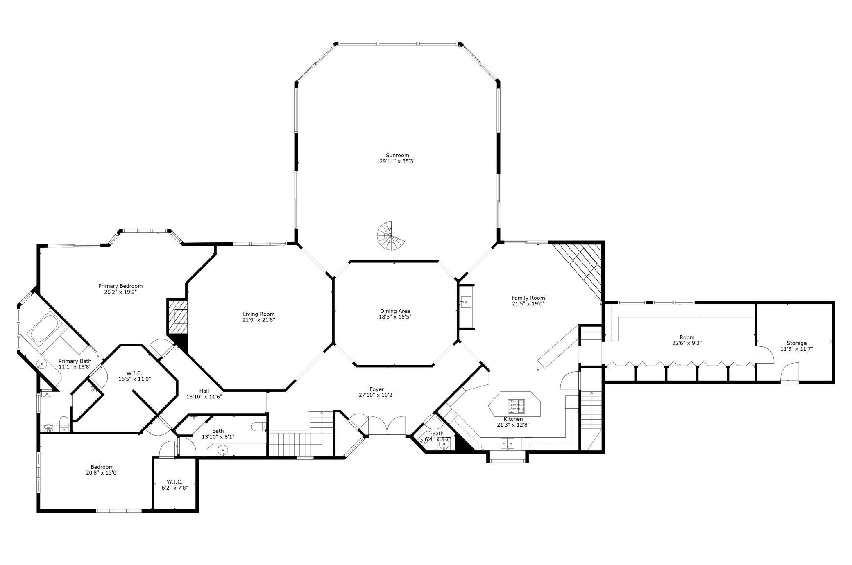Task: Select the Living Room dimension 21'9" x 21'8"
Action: pyautogui.click(x=258, y=320)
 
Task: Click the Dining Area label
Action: pyautogui.click(x=395, y=311)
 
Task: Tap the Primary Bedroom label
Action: pyautogui.click(x=120, y=286)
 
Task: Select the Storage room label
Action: pyautogui.click(x=796, y=343)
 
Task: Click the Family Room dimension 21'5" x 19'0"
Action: pyautogui.click(x=528, y=304)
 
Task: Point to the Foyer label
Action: pyautogui.click(x=376, y=389)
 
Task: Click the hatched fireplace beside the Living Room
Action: pyautogui.click(x=177, y=316)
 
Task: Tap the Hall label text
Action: pyautogui.click(x=204, y=391)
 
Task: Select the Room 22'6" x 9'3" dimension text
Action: pyautogui.click(x=687, y=343)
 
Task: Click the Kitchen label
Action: pyautogui.click(x=513, y=419)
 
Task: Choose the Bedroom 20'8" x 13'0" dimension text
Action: pyautogui.click(x=102, y=472)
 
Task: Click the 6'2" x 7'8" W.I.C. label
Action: pyautogui.click(x=174, y=488)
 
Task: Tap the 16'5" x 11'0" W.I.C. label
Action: pyautogui.click(x=134, y=379)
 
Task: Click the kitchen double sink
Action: pyautogui.click(x=508, y=443)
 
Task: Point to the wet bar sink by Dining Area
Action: pyautogui.click(x=466, y=302)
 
